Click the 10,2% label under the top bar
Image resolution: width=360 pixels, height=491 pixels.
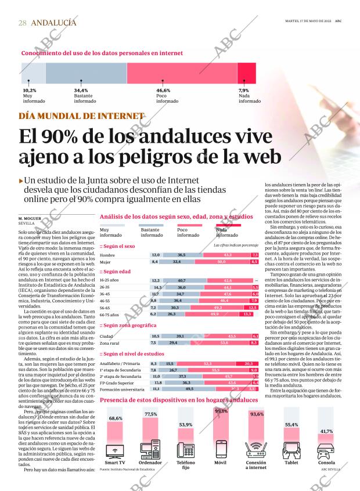coord(30,91)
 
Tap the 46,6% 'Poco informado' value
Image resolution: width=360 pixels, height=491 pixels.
coord(163,91)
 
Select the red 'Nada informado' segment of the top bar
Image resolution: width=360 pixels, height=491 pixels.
coord(246,73)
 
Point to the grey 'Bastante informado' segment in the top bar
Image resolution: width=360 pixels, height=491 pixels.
coord(86,73)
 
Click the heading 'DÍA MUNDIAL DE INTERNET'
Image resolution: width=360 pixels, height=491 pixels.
coord(81,115)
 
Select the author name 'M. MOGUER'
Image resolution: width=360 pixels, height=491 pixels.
coord(32,218)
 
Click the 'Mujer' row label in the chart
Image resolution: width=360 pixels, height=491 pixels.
coord(106,262)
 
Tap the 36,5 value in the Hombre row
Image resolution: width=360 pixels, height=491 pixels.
coord(182,255)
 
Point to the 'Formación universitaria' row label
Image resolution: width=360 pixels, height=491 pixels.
coord(121,389)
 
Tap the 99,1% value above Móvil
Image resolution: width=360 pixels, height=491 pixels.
coord(221,411)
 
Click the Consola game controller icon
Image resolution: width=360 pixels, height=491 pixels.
coord(327,450)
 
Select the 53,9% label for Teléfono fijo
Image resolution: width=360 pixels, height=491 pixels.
coord(186,425)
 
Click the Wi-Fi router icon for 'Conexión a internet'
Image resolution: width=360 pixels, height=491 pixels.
coord(256,451)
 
